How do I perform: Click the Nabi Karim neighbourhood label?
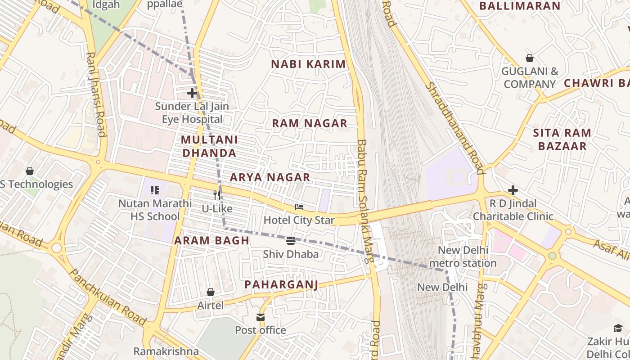tap(308, 64)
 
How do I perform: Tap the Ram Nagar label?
tap(310, 123)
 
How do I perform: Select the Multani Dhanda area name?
tap(209, 146)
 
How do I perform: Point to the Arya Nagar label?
tap(270, 177)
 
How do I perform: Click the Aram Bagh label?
tap(211, 240)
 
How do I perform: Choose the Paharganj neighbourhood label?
tap(281, 284)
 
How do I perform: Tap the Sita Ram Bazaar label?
tap(562, 139)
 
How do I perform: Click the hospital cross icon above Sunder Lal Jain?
tap(192, 94)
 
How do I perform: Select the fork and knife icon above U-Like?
tap(217, 195)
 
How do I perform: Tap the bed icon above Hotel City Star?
tap(299, 207)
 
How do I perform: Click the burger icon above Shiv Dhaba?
tap(291, 241)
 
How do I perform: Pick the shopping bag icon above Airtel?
tap(210, 292)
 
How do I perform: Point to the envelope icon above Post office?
tap(261, 317)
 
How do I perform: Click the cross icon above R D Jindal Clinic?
tap(513, 190)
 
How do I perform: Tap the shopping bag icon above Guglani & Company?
tap(530, 58)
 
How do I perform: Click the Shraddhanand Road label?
tap(455, 128)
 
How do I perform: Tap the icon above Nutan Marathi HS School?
tap(155, 190)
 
